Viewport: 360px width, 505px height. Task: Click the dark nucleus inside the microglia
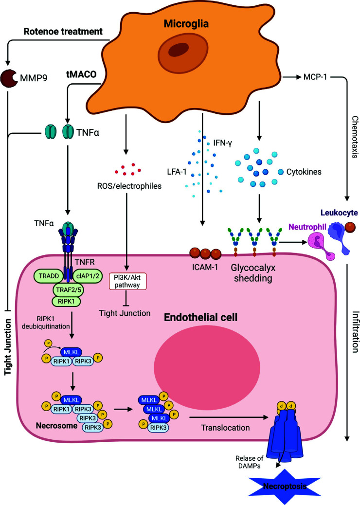(x=180, y=57)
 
